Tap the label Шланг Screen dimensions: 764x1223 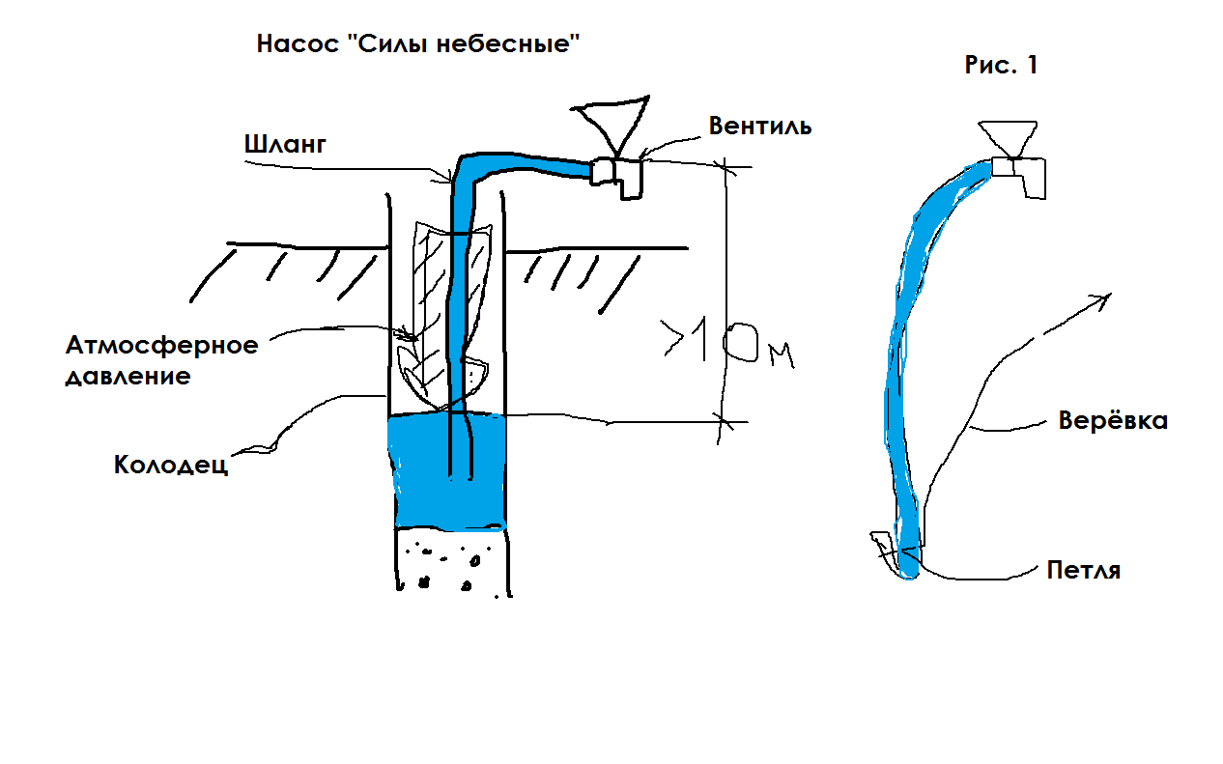286,145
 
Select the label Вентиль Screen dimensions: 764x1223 760,126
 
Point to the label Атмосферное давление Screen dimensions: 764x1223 161,360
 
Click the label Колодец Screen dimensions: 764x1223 171,465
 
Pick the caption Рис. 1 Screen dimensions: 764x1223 1001,66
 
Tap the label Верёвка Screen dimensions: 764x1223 1113,421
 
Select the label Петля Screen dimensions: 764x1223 1084,570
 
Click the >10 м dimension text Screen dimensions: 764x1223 726,346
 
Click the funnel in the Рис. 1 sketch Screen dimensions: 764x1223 1008,138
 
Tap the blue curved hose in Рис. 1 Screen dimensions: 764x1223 903,367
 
